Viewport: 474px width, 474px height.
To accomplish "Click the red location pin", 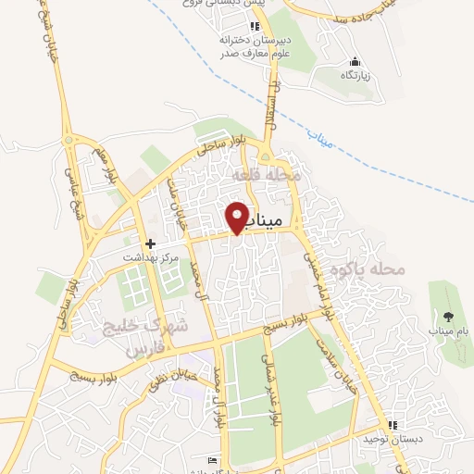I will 238,216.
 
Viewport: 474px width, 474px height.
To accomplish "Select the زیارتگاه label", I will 353,76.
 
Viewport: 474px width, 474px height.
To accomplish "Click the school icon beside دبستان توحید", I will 393,424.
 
